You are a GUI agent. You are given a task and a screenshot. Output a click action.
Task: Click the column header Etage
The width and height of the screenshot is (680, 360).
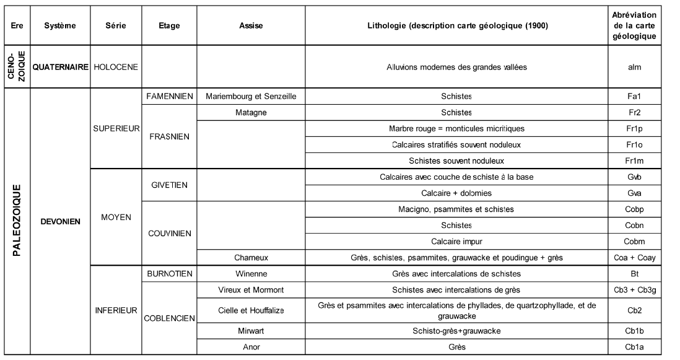click(x=169, y=26)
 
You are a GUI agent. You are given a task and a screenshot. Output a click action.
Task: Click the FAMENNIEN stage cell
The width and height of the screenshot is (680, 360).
click(x=169, y=96)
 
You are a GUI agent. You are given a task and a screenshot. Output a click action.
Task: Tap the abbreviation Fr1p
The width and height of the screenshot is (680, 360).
click(x=633, y=128)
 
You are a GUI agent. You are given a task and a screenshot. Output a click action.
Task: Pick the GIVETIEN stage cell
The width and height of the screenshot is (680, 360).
click(x=169, y=185)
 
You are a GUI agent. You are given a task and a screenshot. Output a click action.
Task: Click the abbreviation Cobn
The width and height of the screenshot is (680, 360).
click(x=633, y=225)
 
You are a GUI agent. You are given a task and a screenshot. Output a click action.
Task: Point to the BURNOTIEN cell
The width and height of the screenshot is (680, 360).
click(x=169, y=273)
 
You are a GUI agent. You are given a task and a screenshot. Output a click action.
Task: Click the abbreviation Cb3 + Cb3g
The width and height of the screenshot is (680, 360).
click(x=633, y=289)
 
